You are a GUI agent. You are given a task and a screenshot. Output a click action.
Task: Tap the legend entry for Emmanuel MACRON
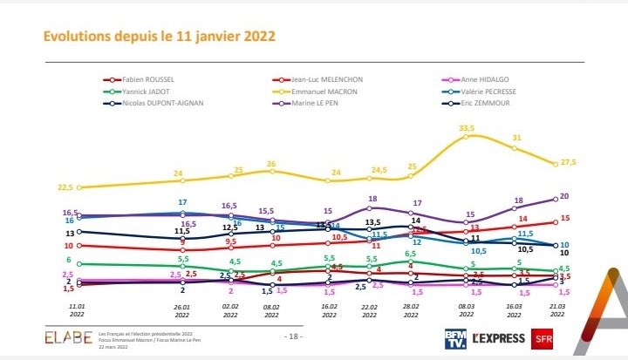click(317, 90)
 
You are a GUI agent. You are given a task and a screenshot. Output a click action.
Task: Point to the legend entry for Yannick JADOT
click(135, 90)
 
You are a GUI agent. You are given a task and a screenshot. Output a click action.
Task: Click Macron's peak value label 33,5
click(467, 128)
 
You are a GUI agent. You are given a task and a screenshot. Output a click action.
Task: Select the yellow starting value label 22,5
click(66, 187)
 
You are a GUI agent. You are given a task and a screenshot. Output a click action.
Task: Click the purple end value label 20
click(565, 196)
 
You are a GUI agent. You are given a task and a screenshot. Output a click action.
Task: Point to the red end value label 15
click(565, 219)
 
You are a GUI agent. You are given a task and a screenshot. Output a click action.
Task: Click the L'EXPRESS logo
click(496, 336)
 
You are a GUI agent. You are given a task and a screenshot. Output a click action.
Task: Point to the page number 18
click(294, 336)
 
